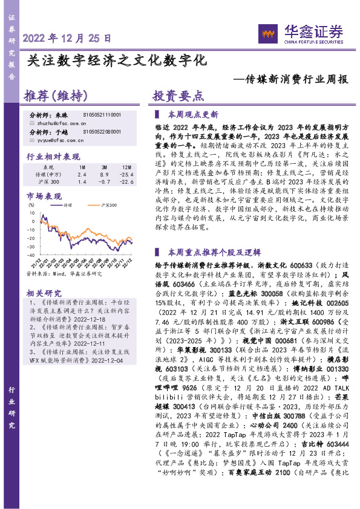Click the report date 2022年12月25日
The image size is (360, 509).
[x=68, y=37]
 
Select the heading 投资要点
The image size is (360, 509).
[x=178, y=96]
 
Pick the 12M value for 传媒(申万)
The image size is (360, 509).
[x=126, y=173]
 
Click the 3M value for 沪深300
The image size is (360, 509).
[x=105, y=181]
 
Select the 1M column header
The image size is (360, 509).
[x=82, y=166]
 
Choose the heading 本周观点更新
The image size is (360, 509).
[x=193, y=114]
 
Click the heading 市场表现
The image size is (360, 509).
[x=44, y=196]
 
